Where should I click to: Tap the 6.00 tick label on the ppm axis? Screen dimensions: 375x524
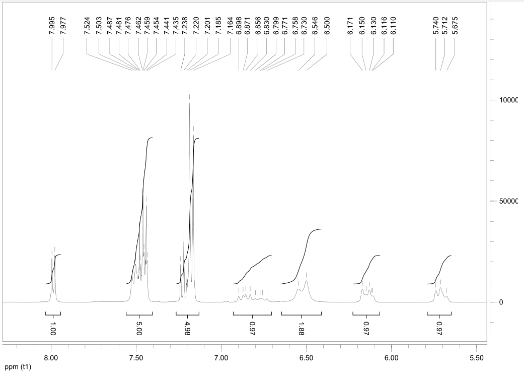pyautogui.click(x=391, y=358)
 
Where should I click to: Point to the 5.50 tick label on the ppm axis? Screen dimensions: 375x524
pyautogui.click(x=476, y=358)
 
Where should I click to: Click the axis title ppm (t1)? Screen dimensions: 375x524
pyautogui.click(x=17, y=367)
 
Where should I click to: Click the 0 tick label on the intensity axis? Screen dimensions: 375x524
pyautogui.click(x=501, y=302)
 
